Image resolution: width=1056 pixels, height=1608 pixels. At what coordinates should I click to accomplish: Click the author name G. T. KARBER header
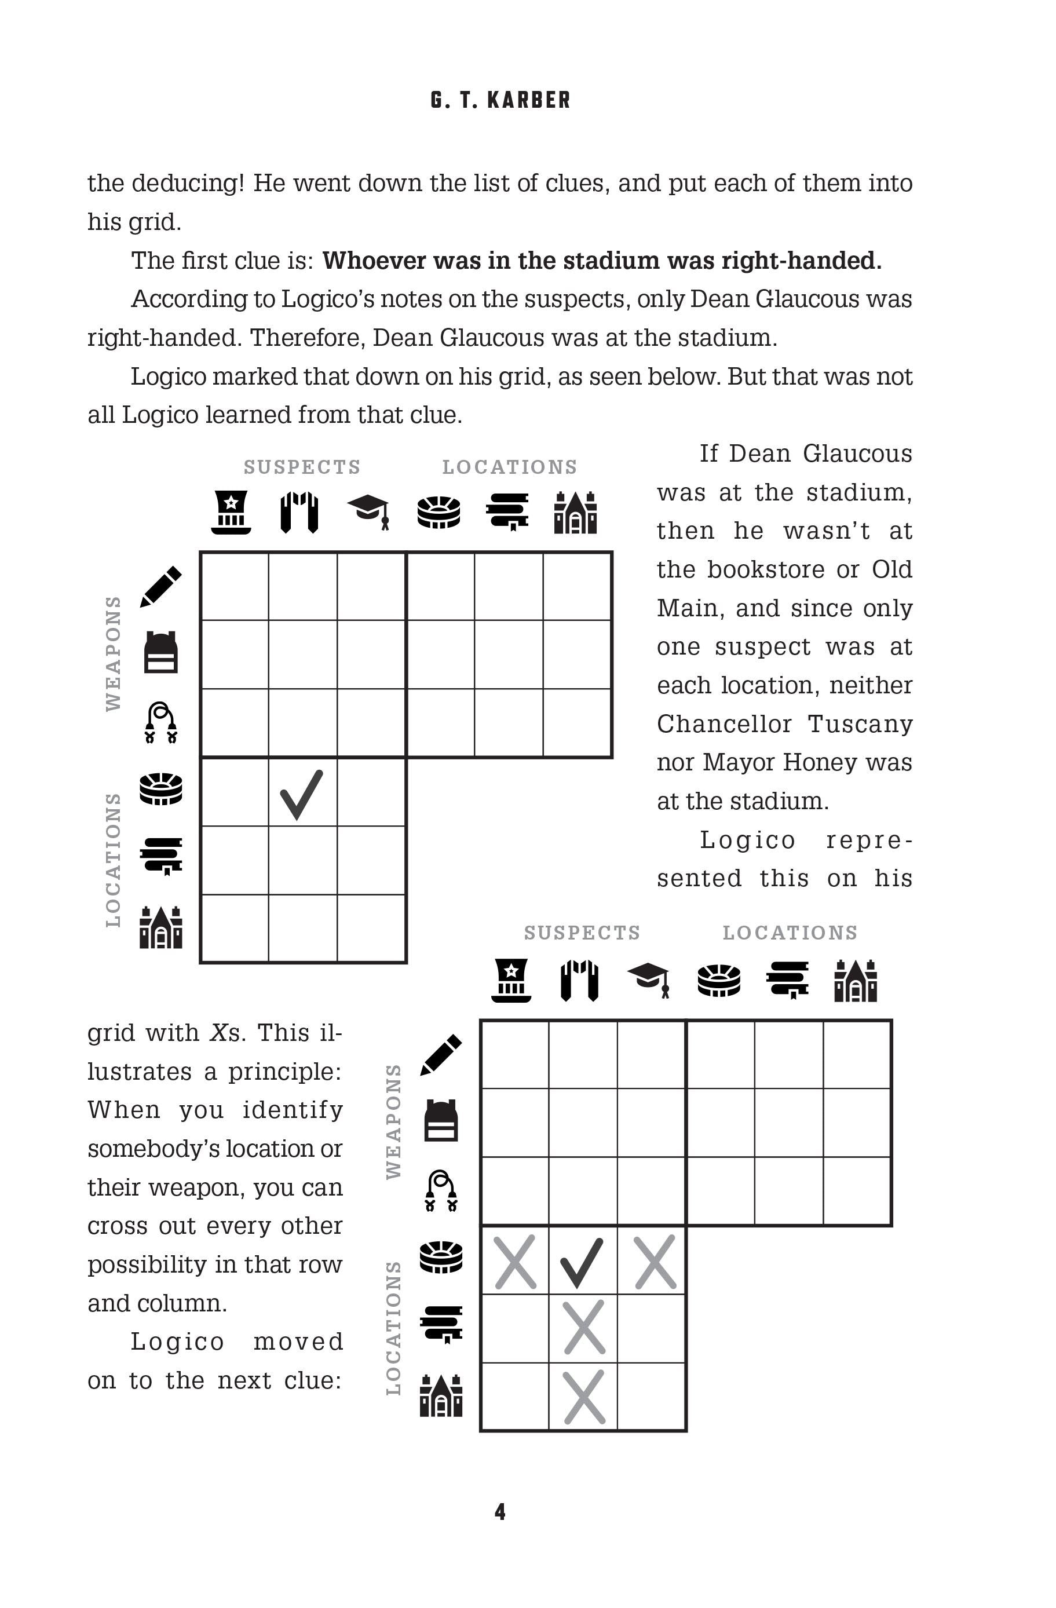[500, 100]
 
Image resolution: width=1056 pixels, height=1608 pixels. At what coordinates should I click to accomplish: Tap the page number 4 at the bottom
[500, 1511]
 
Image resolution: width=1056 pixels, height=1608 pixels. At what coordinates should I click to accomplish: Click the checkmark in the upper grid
[301, 794]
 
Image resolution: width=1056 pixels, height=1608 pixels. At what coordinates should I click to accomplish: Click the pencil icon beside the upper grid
[161, 586]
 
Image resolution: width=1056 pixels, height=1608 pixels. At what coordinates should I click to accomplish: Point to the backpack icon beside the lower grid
[441, 1121]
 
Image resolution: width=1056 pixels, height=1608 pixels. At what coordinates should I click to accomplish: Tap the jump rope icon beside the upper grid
[161, 722]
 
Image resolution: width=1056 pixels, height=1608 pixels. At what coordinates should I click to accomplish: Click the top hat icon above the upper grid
[231, 512]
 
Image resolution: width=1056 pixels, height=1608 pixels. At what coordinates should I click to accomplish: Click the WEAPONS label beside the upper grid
[114, 653]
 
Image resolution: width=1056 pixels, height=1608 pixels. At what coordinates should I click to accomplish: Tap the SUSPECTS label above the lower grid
[582, 933]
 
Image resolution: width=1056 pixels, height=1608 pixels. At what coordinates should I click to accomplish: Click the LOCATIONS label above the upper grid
[509, 467]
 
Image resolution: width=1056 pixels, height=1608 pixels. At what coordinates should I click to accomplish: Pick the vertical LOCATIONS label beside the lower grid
[393, 1328]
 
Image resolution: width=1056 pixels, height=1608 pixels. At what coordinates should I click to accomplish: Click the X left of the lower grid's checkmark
[515, 1260]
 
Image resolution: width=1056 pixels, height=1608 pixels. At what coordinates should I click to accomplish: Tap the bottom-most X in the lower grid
[584, 1397]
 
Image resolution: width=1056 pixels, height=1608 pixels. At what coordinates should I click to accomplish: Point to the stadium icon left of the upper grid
[161, 788]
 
